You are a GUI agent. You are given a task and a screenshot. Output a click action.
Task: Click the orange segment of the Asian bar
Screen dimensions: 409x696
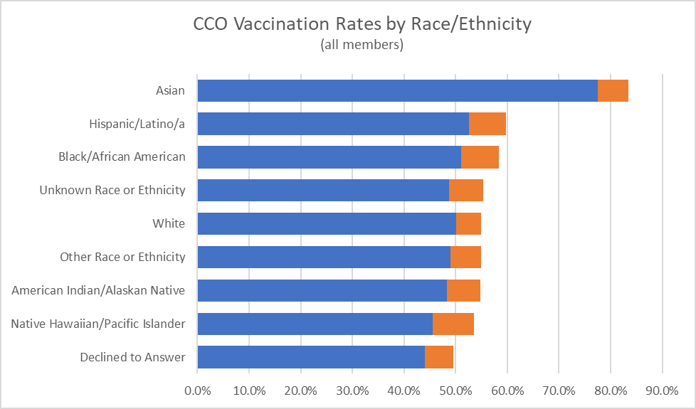click(x=613, y=90)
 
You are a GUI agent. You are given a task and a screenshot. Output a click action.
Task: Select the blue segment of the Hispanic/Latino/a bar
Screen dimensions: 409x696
click(x=333, y=124)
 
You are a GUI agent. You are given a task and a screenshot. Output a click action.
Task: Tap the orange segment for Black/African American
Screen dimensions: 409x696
click(x=480, y=157)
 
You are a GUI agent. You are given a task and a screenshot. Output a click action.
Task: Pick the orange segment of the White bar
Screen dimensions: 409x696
click(x=468, y=223)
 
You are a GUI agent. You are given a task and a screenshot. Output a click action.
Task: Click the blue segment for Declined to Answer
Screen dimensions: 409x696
click(x=311, y=357)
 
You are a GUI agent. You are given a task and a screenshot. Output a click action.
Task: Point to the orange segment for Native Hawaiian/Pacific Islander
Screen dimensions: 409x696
click(x=453, y=324)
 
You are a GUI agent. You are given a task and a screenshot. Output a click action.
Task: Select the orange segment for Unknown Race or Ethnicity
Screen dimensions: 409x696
click(x=466, y=190)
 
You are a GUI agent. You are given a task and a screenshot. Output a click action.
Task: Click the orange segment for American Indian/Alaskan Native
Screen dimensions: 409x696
click(x=463, y=290)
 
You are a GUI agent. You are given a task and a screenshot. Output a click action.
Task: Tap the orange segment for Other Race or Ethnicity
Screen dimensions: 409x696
click(x=465, y=257)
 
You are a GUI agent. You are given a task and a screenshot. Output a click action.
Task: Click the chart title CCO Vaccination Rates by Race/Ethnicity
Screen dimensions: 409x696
click(x=362, y=23)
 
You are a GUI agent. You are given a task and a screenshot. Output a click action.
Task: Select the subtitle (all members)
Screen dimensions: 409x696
click(x=362, y=45)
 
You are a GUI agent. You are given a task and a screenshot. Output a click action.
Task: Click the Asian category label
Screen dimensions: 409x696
click(x=170, y=90)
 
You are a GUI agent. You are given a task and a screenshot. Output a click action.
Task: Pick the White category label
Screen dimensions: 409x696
click(x=169, y=223)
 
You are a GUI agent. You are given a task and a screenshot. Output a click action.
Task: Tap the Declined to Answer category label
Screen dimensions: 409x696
click(x=132, y=357)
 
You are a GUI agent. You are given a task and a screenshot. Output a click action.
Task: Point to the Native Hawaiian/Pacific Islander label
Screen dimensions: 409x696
click(x=98, y=324)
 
